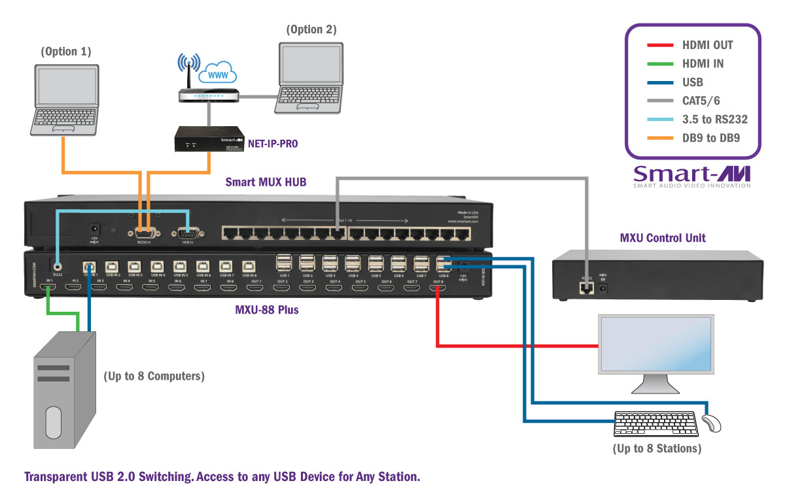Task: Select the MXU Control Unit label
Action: click(663, 237)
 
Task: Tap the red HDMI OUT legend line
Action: click(660, 45)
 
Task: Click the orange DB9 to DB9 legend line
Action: click(660, 138)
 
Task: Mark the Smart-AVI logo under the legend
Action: click(693, 174)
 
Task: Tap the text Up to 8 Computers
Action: click(154, 376)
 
